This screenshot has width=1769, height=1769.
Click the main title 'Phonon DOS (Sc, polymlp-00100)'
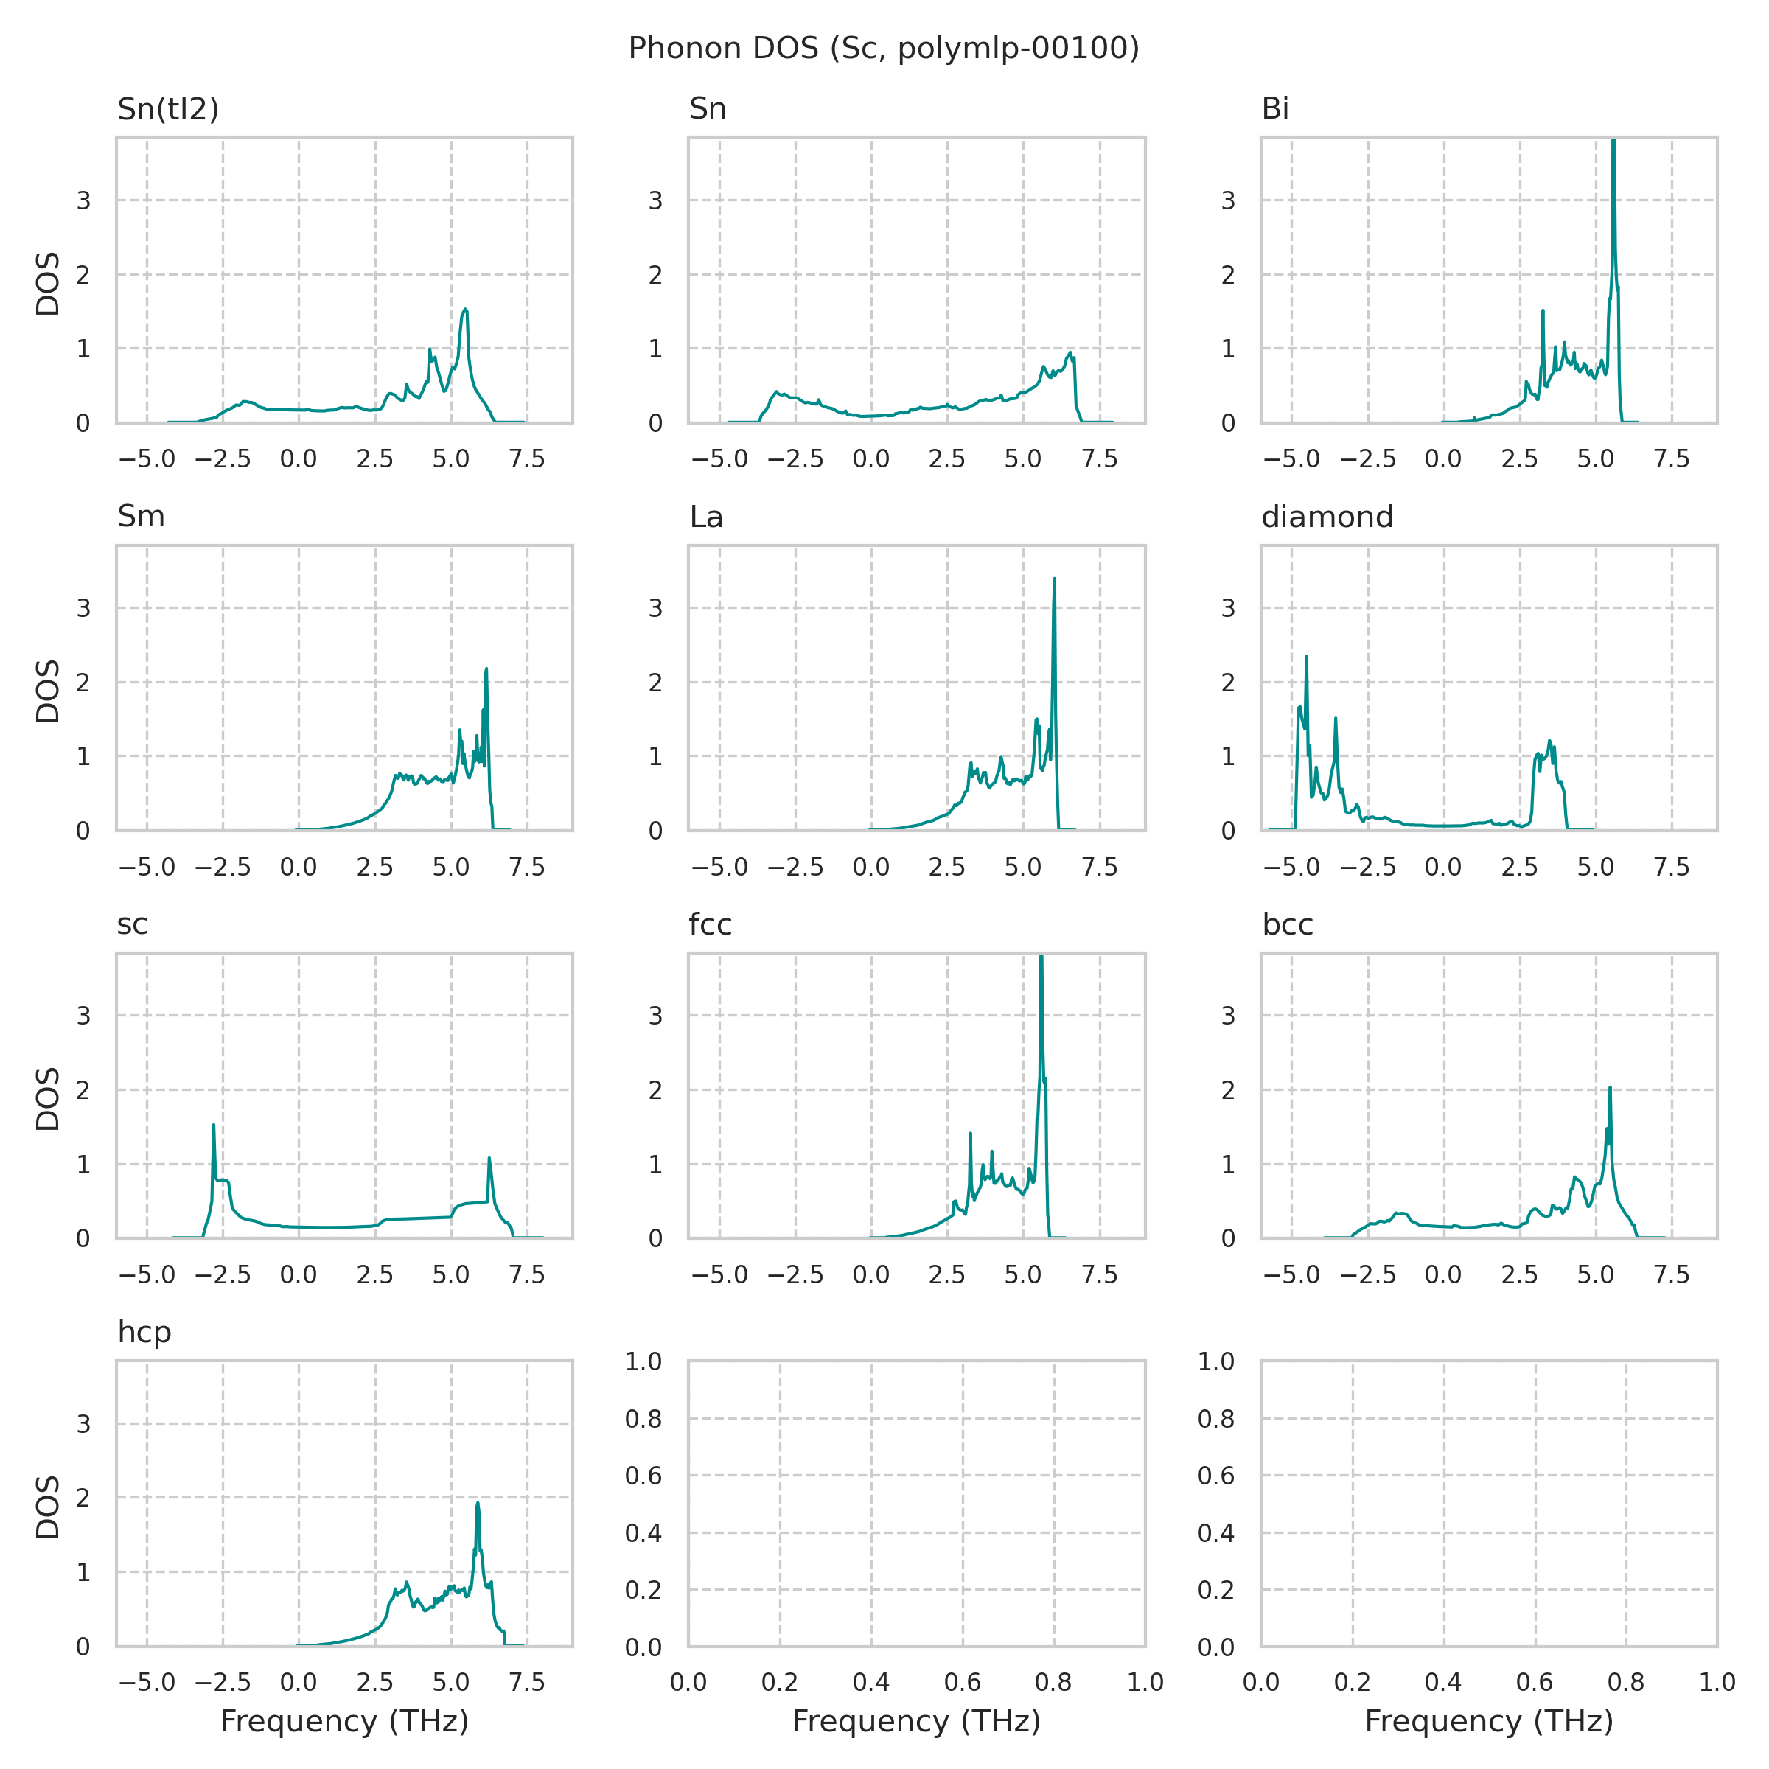[884, 49]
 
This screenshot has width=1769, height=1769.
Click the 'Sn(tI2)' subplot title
[169, 109]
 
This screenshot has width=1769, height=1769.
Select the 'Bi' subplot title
[1274, 109]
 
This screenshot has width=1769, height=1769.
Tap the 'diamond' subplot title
[1327, 517]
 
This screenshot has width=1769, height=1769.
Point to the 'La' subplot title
[706, 517]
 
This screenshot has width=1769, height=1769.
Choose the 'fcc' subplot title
[710, 925]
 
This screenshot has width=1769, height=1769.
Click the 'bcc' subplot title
[1288, 925]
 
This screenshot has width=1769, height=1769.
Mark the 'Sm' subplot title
[141, 517]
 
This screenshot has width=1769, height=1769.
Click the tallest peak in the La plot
[1055, 579]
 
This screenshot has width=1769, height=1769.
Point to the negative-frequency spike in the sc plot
[213, 1126]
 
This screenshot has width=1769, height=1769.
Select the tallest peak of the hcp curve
[478, 1503]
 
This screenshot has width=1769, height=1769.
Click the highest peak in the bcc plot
[1610, 1088]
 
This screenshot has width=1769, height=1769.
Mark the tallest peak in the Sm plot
[486, 669]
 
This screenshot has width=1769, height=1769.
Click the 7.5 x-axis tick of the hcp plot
[528, 1682]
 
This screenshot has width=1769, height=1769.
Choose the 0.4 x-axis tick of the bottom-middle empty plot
[870, 1682]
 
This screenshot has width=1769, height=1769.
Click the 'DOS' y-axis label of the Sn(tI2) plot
[48, 284]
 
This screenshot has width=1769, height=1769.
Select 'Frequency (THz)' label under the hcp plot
[344, 1723]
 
